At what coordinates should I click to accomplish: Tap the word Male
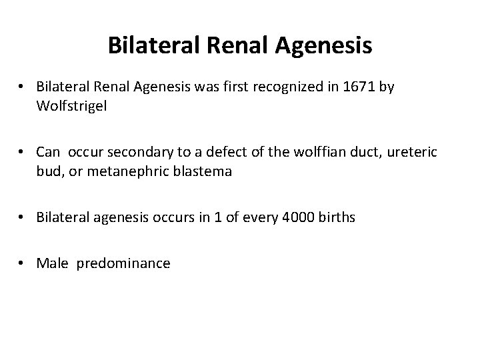coord(53,263)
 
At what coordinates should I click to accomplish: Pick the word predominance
coord(123,263)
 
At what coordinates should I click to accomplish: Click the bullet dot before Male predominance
coord(23,264)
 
